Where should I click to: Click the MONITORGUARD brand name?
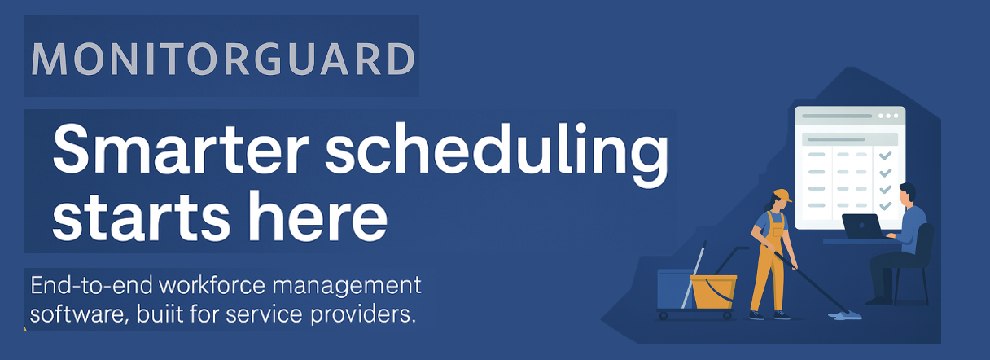223,59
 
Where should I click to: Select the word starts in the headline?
141,217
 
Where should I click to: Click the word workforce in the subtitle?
212,286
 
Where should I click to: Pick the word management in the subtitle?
347,288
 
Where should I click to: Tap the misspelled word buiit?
160,314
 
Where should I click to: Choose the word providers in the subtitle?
363,315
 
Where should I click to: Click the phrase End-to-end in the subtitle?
91,286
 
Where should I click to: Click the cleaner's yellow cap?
782,195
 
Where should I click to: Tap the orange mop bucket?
713,291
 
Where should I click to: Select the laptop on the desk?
862,226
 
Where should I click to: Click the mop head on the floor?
844,315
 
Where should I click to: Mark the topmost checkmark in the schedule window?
885,156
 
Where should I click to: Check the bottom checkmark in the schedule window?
885,205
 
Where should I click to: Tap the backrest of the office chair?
926,244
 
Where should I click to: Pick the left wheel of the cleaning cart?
663,316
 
